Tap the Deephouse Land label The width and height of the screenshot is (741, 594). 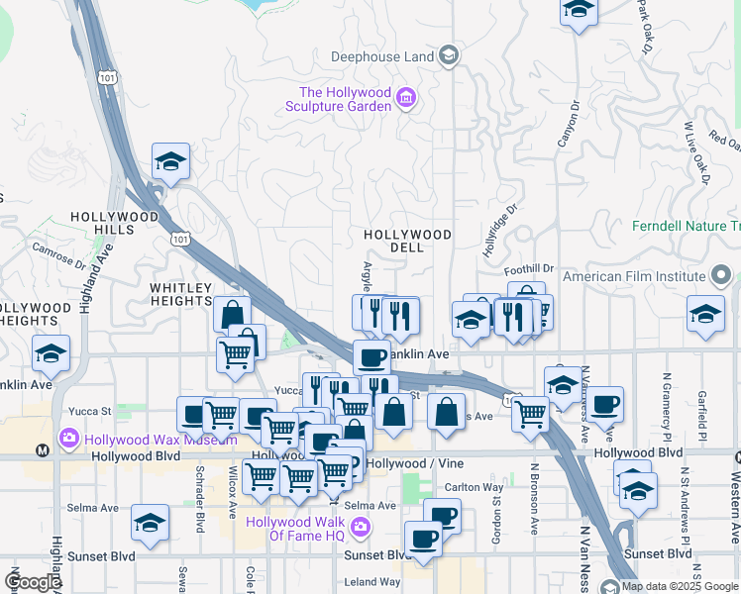pyautogui.click(x=382, y=56)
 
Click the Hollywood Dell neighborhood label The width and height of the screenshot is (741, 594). pyautogui.click(x=407, y=241)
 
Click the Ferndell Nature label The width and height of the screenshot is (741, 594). pyautogui.click(x=686, y=226)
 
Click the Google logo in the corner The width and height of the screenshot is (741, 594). pyautogui.click(x=33, y=582)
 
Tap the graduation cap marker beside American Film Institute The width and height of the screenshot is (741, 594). pyautogui.click(x=704, y=316)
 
